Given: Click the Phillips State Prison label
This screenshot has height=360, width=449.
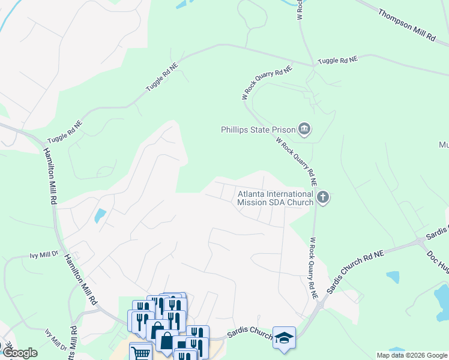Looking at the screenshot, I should [258, 130].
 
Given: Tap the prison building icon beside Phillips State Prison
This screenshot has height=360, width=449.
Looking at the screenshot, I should [304, 129].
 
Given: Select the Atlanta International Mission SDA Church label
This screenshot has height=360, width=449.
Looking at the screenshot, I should [276, 198].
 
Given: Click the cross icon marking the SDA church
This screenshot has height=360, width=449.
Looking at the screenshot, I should [323, 197].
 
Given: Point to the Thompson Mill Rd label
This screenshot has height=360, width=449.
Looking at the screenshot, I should [407, 25].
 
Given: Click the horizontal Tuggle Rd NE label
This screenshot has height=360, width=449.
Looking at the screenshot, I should [337, 61].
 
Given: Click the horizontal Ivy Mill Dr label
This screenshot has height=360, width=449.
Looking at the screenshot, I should [44, 254].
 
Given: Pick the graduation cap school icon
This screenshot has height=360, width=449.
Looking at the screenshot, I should [284, 337].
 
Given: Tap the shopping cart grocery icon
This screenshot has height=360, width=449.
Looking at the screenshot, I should [140, 352].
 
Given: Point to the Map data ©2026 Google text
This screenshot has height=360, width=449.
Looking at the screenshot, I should [411, 355].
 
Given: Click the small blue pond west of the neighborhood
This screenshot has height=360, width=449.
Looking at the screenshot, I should [100, 215].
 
